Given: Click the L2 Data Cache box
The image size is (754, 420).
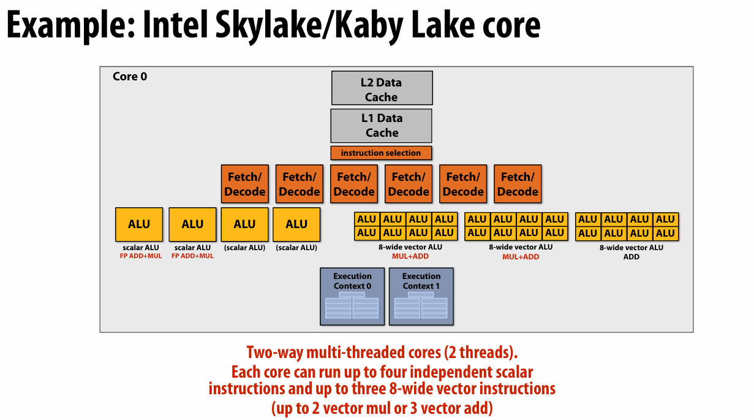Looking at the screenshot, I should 382,88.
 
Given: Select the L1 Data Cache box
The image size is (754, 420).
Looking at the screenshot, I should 381,126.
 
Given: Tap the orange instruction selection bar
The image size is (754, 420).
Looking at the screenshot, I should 381,153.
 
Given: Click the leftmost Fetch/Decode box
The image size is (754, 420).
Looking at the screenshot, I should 244,184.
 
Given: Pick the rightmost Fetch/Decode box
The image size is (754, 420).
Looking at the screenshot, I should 518,184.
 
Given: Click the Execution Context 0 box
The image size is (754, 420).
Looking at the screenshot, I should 352,296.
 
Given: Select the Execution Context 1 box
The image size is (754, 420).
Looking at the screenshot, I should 421,296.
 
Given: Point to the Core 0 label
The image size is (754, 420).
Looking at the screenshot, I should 130,77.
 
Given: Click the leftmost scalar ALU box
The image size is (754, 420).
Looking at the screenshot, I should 139,224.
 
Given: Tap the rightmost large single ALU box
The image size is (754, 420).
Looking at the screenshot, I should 296,224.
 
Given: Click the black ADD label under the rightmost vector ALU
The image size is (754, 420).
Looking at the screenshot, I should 631,257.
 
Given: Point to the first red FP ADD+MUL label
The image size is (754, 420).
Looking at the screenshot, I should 140,256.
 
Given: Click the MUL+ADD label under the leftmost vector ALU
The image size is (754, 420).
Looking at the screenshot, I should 405,256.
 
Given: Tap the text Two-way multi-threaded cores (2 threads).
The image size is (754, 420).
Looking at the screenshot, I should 382,353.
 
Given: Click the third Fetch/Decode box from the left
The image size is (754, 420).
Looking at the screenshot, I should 354,184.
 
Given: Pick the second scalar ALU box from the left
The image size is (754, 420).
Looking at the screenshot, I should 192,224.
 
